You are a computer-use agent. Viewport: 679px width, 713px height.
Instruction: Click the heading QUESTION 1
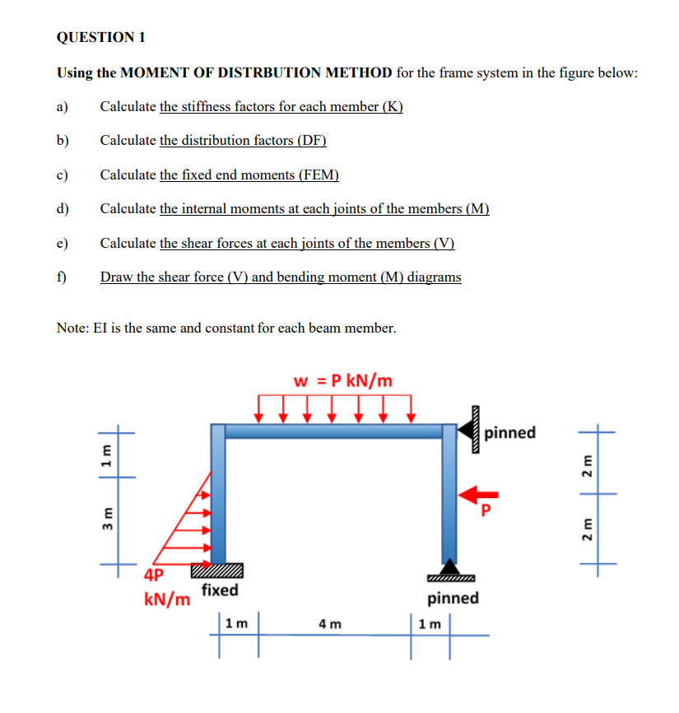click(x=101, y=37)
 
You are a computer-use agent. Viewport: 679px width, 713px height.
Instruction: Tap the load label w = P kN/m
click(x=343, y=380)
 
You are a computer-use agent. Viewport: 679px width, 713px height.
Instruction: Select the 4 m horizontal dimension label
click(x=330, y=623)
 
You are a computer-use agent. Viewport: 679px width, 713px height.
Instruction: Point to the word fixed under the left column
click(x=220, y=590)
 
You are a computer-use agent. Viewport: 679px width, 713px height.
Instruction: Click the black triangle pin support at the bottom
click(x=449, y=566)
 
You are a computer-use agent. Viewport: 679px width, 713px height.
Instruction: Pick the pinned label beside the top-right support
click(x=510, y=432)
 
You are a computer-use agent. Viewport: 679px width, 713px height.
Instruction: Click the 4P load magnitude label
click(x=154, y=575)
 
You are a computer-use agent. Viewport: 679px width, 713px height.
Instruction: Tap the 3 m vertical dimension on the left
click(x=105, y=521)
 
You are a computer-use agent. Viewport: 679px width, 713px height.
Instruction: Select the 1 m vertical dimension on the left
click(x=105, y=454)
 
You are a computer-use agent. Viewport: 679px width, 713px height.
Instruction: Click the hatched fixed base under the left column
click(x=217, y=570)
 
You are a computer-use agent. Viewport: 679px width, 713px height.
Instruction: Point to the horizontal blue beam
click(x=334, y=431)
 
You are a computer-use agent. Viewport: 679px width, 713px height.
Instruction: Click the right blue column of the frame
click(x=449, y=494)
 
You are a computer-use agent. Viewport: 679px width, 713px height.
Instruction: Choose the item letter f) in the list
click(x=63, y=277)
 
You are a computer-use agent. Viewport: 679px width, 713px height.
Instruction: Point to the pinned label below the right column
click(x=453, y=598)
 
